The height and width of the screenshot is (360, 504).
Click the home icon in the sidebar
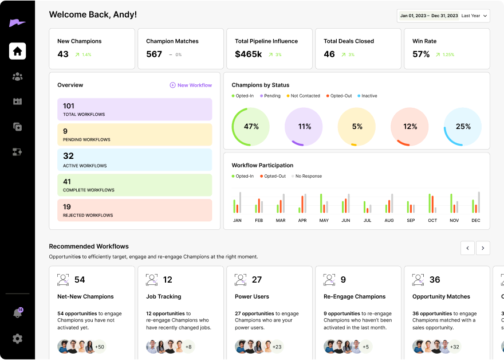click(17, 51)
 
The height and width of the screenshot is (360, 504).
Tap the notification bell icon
click(17, 313)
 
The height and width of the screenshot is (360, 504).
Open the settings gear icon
click(17, 339)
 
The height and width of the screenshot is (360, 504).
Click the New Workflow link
click(191, 85)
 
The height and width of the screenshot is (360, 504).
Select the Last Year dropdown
click(475, 15)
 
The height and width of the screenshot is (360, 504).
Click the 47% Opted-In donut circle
click(250, 127)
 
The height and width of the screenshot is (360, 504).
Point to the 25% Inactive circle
click(463, 127)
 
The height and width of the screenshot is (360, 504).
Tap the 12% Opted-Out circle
click(409, 127)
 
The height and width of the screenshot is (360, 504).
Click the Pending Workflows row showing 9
click(135, 135)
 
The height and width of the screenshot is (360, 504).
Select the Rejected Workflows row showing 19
click(135, 210)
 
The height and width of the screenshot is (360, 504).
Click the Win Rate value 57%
click(421, 54)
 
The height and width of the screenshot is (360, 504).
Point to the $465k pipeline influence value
click(249, 54)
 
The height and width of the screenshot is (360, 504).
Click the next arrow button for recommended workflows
click(483, 248)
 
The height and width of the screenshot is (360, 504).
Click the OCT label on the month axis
click(432, 221)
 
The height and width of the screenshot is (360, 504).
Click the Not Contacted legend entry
click(303, 96)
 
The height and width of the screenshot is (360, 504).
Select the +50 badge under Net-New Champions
click(99, 346)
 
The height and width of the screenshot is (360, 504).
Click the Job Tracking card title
click(163, 296)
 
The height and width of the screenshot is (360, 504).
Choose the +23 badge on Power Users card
click(277, 346)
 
